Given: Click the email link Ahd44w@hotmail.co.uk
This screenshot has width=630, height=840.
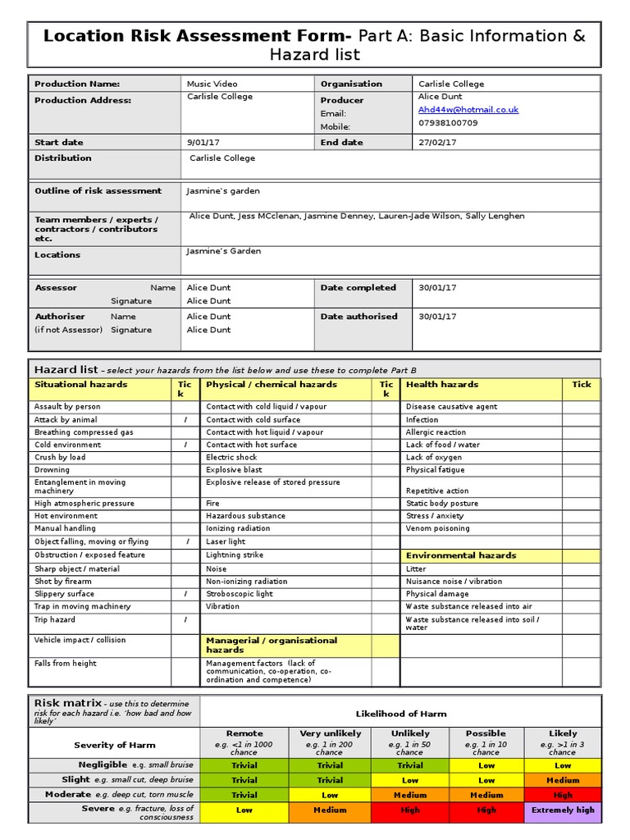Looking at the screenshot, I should pyautogui.click(x=468, y=109).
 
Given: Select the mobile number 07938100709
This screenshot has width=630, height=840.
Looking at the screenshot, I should pyautogui.click(x=448, y=123).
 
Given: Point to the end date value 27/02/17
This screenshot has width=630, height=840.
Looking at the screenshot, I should pyautogui.click(x=437, y=142).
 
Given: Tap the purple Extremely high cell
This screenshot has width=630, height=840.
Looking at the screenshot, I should pyautogui.click(x=562, y=810).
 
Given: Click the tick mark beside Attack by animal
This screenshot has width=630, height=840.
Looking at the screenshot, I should pyautogui.click(x=185, y=419).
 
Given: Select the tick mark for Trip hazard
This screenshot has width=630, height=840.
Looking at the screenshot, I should pyautogui.click(x=185, y=620).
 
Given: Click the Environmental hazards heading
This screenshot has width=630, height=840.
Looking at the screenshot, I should pyautogui.click(x=461, y=555).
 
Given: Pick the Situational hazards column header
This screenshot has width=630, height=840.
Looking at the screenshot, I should pyautogui.click(x=80, y=384).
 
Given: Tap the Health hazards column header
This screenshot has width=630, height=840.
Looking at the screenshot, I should pyautogui.click(x=442, y=384).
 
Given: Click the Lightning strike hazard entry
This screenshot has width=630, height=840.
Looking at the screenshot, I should pyautogui.click(x=234, y=555).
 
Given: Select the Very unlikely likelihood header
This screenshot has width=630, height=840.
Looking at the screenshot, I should pyautogui.click(x=329, y=733).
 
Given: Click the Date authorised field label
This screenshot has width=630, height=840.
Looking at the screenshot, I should pyautogui.click(x=358, y=317).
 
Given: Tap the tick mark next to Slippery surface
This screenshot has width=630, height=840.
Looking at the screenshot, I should pyautogui.click(x=185, y=594).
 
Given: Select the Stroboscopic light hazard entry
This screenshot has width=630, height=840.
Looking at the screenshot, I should pyautogui.click(x=240, y=594).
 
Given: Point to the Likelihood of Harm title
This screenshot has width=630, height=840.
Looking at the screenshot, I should pyautogui.click(x=401, y=714).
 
